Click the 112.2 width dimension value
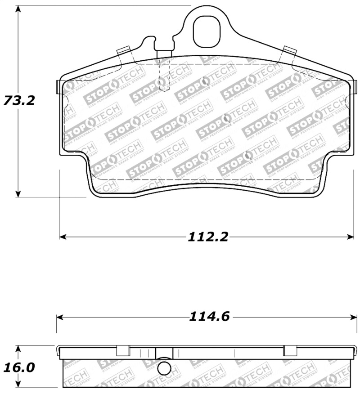pos(208,237)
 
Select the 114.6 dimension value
pos(210,317)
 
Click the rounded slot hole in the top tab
pos(207,31)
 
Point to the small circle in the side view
pos(165,369)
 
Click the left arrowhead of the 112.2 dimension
pos(63,237)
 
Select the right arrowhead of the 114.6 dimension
pos(355,317)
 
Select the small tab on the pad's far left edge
pos(57,87)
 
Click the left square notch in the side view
pos(123,350)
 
